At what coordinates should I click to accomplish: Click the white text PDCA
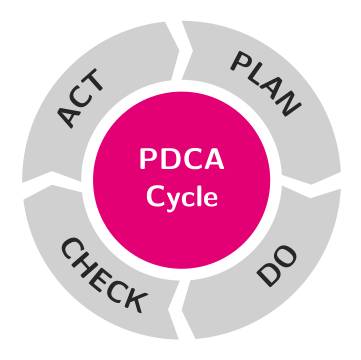181,159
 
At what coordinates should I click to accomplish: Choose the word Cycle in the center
181,191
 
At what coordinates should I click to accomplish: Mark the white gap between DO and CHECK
180,323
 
